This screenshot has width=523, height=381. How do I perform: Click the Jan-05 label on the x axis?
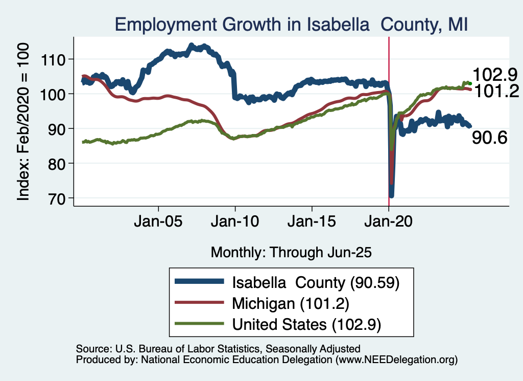click(158, 223)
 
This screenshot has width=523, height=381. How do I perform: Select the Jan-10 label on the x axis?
click(235, 223)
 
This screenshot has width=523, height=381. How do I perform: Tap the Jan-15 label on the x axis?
click(312, 223)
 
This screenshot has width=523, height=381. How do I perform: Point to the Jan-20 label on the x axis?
click(389, 223)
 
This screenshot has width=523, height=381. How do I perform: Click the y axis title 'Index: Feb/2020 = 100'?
click(23, 121)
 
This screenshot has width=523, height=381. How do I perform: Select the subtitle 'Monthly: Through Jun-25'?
click(291, 252)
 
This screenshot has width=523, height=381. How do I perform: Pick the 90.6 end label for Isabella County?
click(489, 138)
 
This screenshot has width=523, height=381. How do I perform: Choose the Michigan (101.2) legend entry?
click(290, 303)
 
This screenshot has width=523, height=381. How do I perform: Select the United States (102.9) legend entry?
click(307, 324)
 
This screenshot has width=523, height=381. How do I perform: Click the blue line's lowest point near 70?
click(391, 195)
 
